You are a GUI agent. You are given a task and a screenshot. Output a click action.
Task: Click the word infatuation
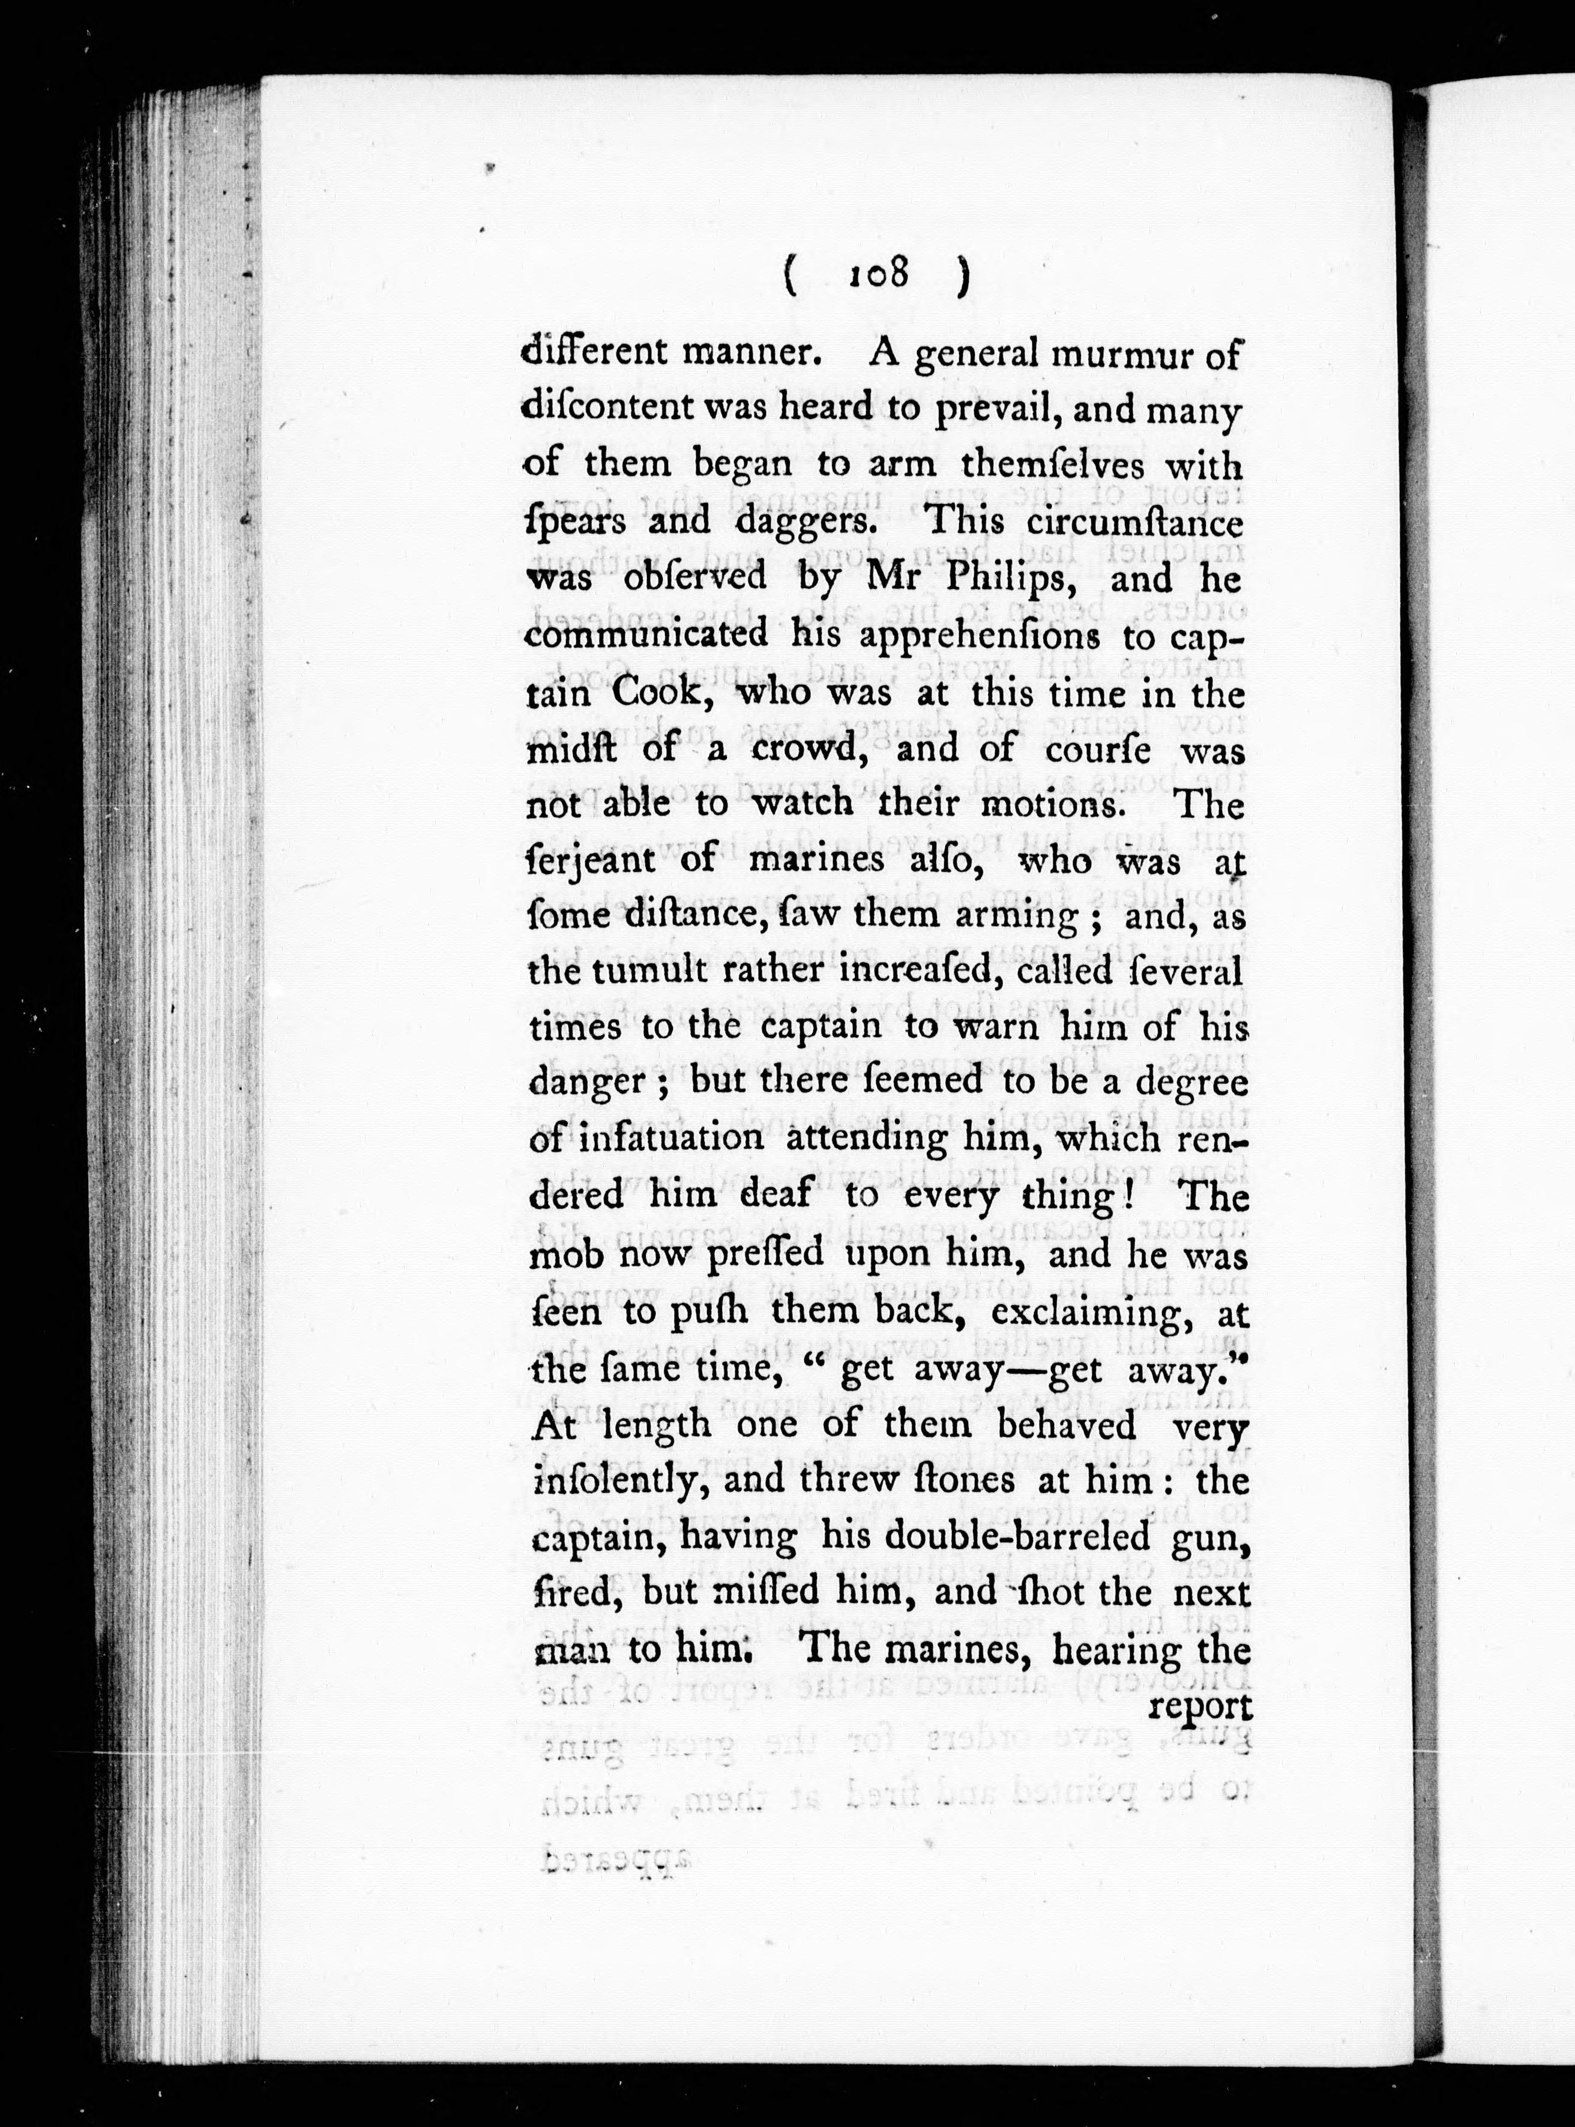click(673, 1139)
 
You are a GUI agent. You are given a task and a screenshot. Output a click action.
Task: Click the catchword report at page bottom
click(1199, 1704)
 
